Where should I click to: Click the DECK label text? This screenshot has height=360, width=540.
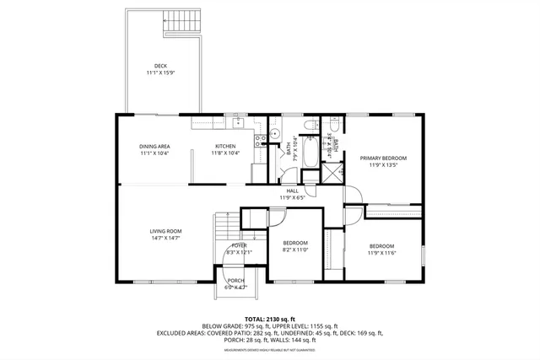pos(160,66)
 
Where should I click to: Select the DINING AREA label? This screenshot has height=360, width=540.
pos(154,147)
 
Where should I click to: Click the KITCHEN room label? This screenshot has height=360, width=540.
pos(224,147)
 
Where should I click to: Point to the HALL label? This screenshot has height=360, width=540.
pos(292,191)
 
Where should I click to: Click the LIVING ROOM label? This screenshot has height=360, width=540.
pos(166,231)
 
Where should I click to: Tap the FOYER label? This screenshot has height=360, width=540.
pos(240,245)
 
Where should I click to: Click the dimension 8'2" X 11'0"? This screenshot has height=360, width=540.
pos(296,250)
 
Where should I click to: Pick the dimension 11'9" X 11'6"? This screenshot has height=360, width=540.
pos(381,253)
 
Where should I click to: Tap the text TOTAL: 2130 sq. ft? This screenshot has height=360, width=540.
pos(269,319)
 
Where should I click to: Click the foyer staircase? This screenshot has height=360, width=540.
pos(226,228)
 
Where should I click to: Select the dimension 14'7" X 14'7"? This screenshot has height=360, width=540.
pos(166,239)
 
